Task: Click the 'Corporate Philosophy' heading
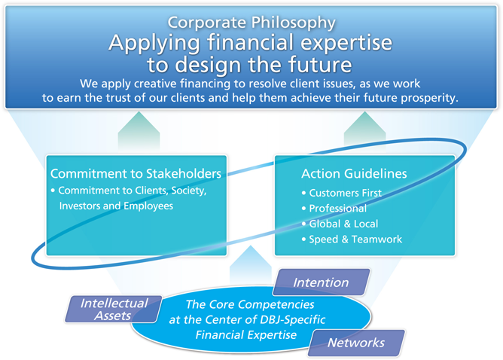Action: click(x=251, y=23)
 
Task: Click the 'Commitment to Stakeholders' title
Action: click(x=136, y=173)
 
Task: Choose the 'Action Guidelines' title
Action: click(x=354, y=173)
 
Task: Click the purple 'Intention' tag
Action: click(x=321, y=282)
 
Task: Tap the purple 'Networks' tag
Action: click(x=356, y=343)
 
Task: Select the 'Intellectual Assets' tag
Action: click(x=114, y=309)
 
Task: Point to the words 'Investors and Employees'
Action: click(x=116, y=206)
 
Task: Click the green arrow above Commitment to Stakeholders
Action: click(x=139, y=131)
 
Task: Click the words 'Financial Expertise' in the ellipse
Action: click(x=246, y=335)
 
